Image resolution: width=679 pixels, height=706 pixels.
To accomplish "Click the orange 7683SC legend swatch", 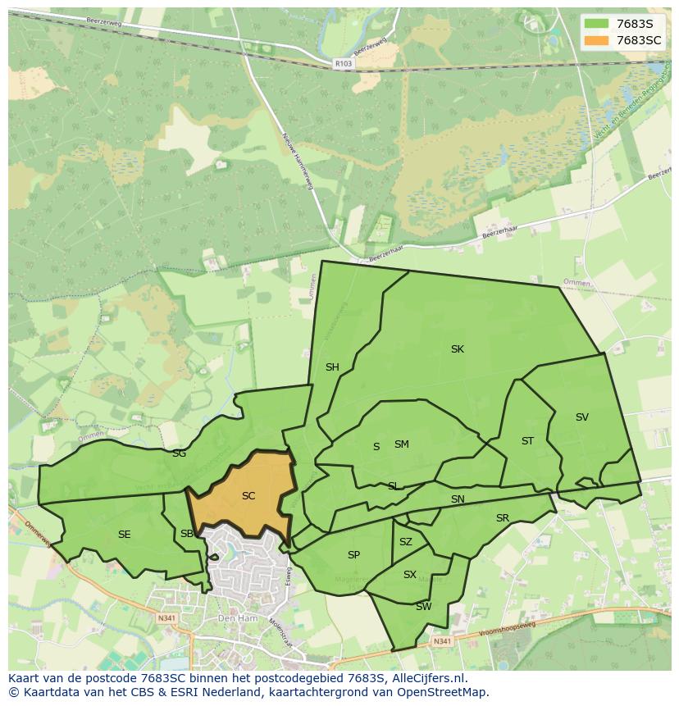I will (596, 40).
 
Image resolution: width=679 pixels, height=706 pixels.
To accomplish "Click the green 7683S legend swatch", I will (596, 24).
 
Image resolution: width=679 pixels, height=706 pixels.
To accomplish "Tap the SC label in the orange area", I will (248, 496).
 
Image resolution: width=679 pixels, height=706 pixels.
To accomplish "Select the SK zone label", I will (458, 349).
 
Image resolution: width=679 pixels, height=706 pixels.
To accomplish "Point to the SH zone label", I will (332, 367).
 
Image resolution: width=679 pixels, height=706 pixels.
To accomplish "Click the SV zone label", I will (582, 417).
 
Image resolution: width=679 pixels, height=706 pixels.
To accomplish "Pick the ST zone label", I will (527, 441).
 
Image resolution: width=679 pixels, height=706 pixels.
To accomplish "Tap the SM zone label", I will (401, 444).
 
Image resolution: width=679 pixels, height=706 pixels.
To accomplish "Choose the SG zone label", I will (179, 453).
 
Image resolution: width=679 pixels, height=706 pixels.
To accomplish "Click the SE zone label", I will (124, 535).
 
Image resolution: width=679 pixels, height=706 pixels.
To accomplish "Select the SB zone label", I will (187, 535).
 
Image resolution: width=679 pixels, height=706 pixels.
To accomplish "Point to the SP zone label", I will (353, 555).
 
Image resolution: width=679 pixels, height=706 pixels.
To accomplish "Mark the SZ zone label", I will (406, 542).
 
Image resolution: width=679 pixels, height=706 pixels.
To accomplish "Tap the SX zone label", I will (410, 575).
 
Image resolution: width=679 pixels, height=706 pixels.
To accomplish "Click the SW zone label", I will (423, 607).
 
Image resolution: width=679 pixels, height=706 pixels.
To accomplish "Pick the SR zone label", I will (503, 518).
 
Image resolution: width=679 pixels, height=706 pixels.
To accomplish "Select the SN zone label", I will (458, 499).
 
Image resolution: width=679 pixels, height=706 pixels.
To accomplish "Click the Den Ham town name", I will (233, 617).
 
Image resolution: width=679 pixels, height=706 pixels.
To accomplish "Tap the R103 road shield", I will (344, 62).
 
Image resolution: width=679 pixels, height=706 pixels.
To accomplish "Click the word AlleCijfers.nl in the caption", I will (426, 678).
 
